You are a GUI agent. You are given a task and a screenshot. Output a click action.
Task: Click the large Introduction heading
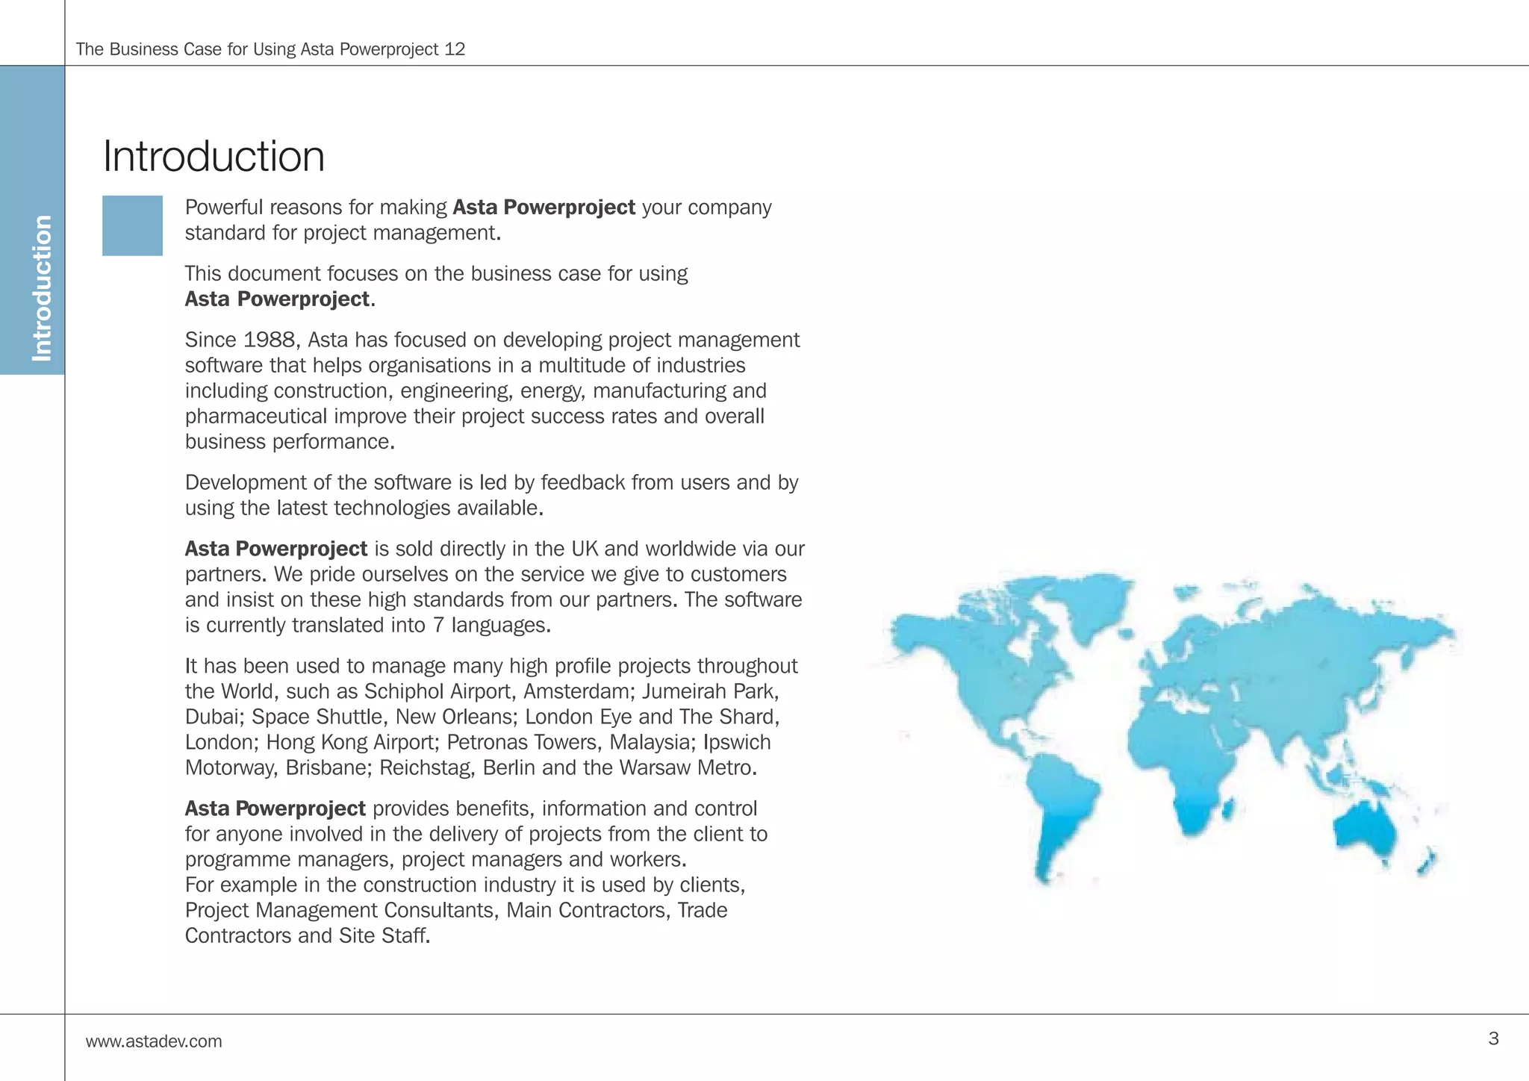coord(214,157)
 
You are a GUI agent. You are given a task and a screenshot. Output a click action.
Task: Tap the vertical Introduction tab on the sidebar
coord(42,287)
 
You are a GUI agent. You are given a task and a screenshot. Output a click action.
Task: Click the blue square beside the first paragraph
coord(132,225)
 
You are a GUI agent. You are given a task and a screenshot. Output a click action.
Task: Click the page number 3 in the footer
coord(1493,1038)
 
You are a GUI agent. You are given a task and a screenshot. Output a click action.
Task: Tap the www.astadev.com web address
coord(154,1041)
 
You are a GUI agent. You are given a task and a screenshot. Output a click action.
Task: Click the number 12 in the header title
coord(454,49)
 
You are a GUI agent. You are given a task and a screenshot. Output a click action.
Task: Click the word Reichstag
coord(426,767)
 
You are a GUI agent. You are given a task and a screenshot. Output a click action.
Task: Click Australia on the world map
coord(1365,829)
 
